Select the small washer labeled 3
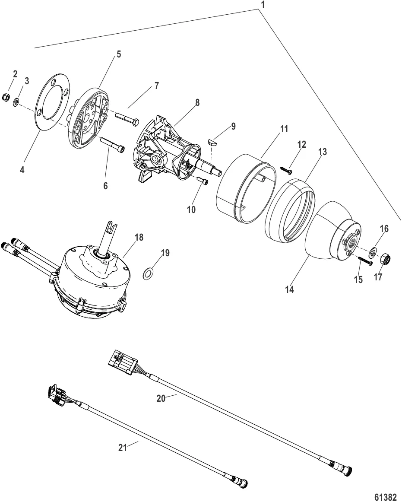pyautogui.click(x=16, y=102)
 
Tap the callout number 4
pyautogui.click(x=22, y=170)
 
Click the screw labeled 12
pyautogui.click(x=285, y=170)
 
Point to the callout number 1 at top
pyautogui.click(x=262, y=5)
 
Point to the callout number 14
pyautogui.click(x=289, y=289)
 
